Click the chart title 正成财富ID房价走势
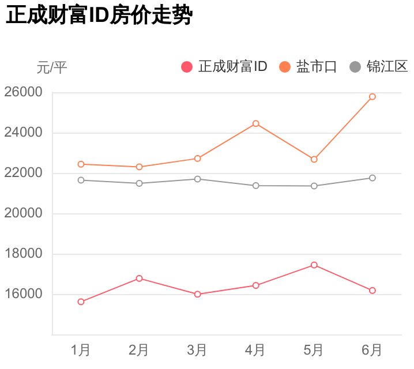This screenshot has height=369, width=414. point(98,16)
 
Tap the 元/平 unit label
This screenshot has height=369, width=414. point(52,67)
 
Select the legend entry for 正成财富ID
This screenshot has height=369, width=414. point(224,66)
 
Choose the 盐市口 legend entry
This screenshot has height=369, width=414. point(308,66)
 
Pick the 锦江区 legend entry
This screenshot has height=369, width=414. point(379,66)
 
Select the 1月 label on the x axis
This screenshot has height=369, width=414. point(81,350)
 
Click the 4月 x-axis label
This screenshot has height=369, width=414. point(255,350)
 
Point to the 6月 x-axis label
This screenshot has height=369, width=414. point(372,350)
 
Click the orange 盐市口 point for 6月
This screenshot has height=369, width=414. point(372,97)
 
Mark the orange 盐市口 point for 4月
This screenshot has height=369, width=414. point(256,123)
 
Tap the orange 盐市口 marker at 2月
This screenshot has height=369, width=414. point(139,167)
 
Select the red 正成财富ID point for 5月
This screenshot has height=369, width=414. point(314,265)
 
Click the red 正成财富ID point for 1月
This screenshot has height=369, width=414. point(81,302)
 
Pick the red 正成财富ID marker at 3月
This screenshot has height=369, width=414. point(197,294)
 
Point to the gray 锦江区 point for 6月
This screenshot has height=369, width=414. point(372,178)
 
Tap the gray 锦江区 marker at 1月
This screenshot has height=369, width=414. point(81,180)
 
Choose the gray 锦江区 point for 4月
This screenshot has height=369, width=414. point(256,186)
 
